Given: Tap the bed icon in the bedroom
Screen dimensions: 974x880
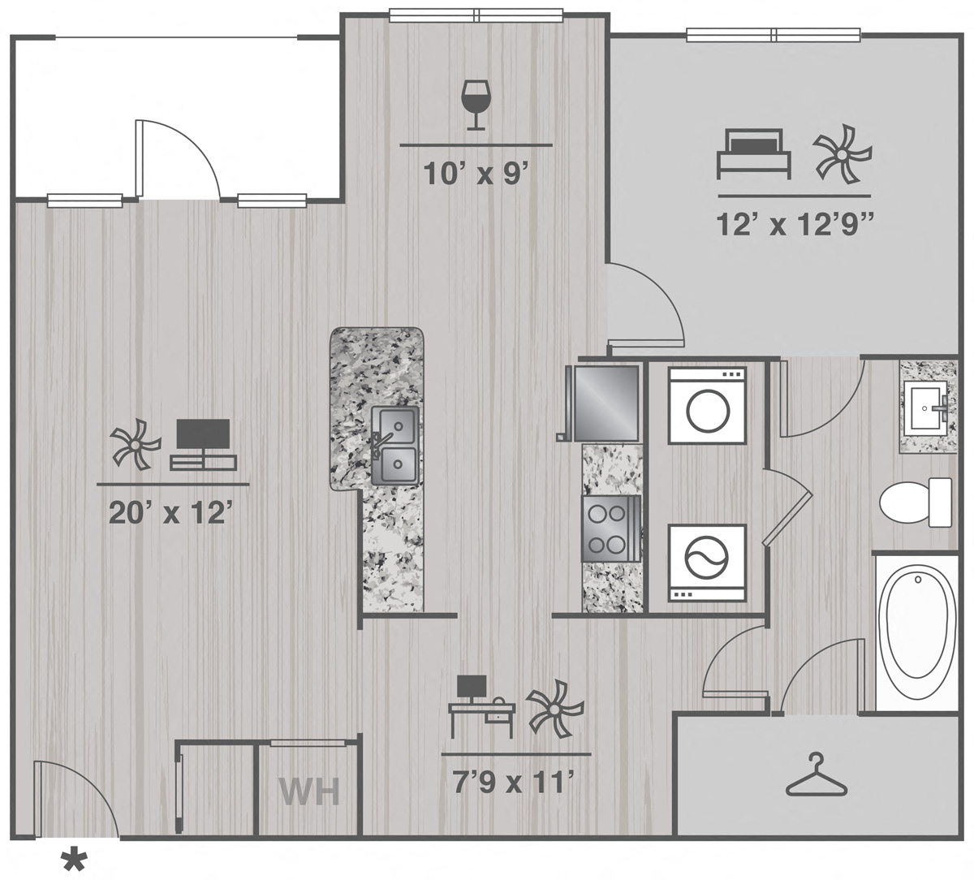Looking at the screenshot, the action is tap(754, 154).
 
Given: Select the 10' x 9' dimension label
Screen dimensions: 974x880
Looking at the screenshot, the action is tap(476, 174).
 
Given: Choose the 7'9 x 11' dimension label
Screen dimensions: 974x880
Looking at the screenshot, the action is tap(515, 783).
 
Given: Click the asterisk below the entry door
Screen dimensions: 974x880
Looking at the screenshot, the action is tap(74, 860).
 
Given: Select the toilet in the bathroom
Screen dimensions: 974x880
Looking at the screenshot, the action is tap(916, 503).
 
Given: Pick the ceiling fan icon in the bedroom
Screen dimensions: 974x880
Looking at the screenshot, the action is tap(842, 154).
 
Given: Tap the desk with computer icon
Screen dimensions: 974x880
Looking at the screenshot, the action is tap(481, 706).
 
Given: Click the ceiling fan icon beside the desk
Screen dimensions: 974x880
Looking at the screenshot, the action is tap(554, 709).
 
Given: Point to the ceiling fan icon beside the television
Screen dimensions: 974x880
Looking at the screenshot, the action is tap(136, 444).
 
